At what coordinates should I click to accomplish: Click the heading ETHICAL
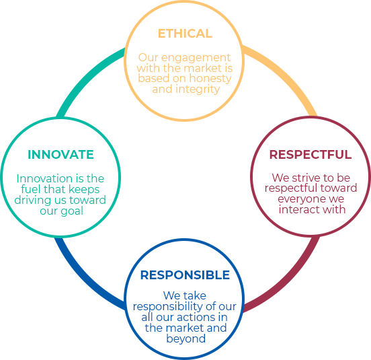(185, 34)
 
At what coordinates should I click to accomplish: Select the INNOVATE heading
(60, 154)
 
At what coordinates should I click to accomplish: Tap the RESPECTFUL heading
(311, 154)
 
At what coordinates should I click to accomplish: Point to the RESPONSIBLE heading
(185, 275)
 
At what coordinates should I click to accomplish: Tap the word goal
(72, 211)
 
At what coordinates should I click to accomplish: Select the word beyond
(186, 339)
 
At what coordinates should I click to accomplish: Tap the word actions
(194, 317)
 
